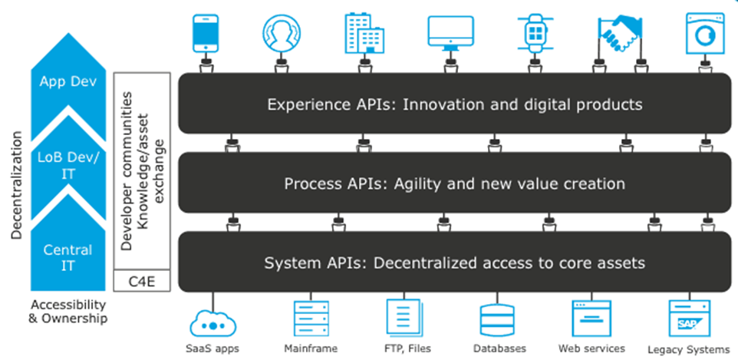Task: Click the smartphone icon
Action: pos(206,33)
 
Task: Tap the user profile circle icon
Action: pos(282,33)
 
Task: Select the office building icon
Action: pos(364,32)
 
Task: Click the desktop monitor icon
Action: pos(450,33)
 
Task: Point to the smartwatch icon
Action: pos(535,33)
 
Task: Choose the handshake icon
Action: pos(619,35)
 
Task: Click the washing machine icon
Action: pos(704,33)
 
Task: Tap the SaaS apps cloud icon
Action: pos(213,323)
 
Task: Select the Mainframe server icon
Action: pos(311,318)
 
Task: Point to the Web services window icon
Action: pos(591,318)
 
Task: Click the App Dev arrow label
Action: pos(68,81)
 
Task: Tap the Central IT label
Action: pos(68,257)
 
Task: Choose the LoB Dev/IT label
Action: pos(68,166)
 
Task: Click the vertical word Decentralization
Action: pos(17,185)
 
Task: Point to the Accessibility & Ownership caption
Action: pos(68,311)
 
